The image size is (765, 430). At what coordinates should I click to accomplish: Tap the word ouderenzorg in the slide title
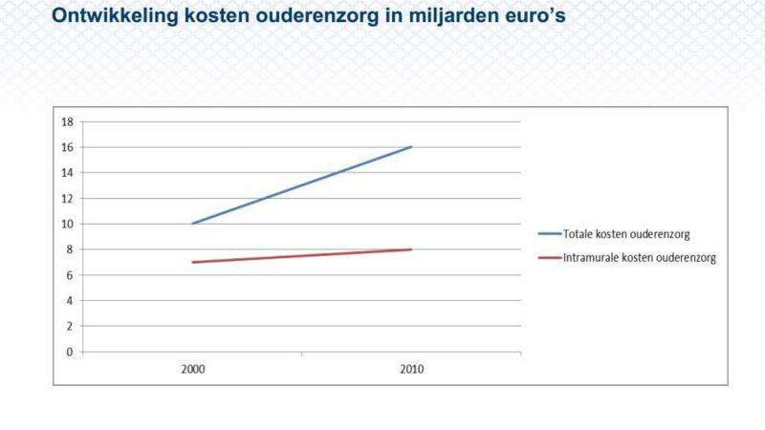pos(305,16)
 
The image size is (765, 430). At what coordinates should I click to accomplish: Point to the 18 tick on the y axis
pos(67,122)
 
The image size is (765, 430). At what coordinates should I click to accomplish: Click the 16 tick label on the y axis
pos(67,147)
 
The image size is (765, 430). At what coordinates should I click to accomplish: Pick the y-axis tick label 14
pos(67,173)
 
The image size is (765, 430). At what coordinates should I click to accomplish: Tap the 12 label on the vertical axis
pos(67,199)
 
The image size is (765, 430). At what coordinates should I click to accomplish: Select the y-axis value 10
pos(67,224)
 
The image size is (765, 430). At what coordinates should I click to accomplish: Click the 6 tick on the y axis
pos(70,275)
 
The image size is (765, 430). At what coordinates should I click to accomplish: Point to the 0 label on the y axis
pos(70,352)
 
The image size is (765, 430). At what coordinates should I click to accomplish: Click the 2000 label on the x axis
pos(192,368)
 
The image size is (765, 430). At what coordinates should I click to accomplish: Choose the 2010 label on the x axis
pos(411,368)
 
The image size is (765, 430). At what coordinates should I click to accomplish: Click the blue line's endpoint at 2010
pos(411,147)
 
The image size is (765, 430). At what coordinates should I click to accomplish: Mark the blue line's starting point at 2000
pos(192,224)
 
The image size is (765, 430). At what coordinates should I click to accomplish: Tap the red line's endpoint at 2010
pos(411,249)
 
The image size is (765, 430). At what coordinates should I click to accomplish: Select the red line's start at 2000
pos(192,262)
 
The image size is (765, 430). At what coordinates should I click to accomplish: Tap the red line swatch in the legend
pos(549,258)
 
